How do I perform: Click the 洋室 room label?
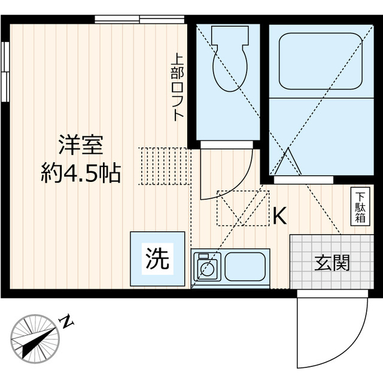click(x=81, y=145)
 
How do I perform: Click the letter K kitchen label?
click(x=280, y=216)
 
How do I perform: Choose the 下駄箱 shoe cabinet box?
click(x=360, y=206)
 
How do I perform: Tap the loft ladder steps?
click(x=165, y=166)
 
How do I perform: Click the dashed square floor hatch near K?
click(x=243, y=208)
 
